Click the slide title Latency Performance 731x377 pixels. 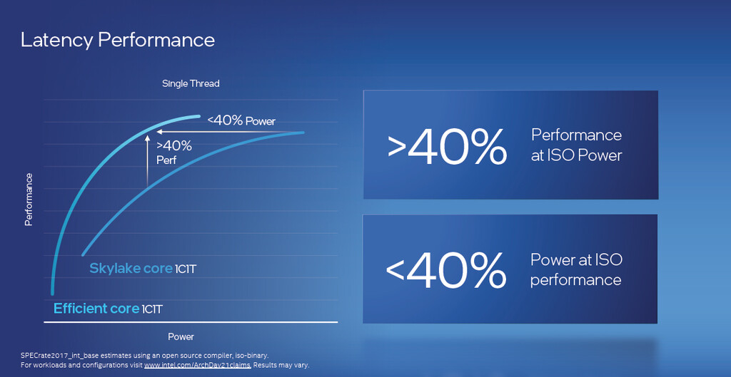coord(118,40)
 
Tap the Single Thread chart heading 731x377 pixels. coord(191,84)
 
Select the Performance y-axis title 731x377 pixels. coord(29,200)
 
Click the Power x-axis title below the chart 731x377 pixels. coord(181,336)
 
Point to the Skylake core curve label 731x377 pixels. coord(143,269)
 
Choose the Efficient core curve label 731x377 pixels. coord(109,309)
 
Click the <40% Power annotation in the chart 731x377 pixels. coord(241,120)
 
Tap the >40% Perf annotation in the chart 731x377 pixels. coord(174,153)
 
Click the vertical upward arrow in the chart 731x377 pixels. coord(147,161)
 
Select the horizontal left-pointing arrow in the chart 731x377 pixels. coord(228,132)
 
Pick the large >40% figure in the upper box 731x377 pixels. coord(447,147)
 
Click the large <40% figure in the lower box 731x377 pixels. coord(445,270)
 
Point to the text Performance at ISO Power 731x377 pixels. coord(577,145)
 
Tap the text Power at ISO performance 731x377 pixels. coord(576,269)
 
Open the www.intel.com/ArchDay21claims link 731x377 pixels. coord(198,365)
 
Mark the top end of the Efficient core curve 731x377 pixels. coord(199,116)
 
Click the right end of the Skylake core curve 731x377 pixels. coord(303,133)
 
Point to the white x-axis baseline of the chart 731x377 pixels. coord(191,321)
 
